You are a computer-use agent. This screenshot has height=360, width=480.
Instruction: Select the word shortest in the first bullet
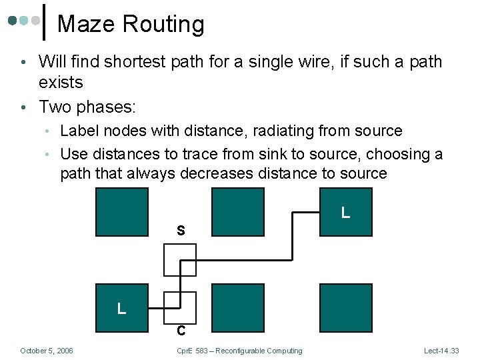(x=145, y=62)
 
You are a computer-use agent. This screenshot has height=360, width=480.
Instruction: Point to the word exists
(x=61, y=83)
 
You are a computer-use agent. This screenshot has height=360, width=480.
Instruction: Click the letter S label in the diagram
(x=181, y=231)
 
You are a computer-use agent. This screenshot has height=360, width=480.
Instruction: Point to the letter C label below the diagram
(x=181, y=331)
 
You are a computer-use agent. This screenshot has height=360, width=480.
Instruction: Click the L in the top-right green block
(x=345, y=213)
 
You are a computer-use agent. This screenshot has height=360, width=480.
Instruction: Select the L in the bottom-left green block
(x=121, y=309)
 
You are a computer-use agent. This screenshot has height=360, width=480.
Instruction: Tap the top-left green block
(x=122, y=212)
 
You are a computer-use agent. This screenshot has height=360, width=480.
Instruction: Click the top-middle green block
(x=237, y=211)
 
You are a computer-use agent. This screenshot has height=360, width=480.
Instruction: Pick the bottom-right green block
(x=345, y=307)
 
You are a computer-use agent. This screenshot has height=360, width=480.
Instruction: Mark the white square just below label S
(x=180, y=260)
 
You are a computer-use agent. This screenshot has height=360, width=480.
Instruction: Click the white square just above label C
(x=180, y=307)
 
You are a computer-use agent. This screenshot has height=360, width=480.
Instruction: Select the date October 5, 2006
(x=47, y=351)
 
